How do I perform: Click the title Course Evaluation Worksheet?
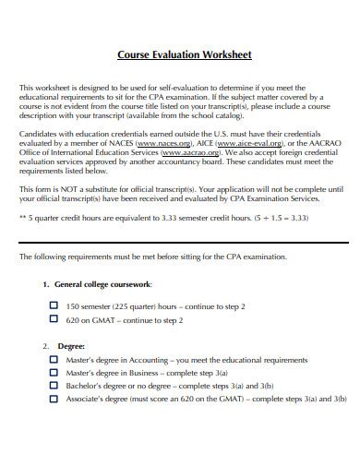[x=185, y=54]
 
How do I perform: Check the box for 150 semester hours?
[x=53, y=303]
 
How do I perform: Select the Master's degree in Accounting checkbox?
[x=53, y=361]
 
